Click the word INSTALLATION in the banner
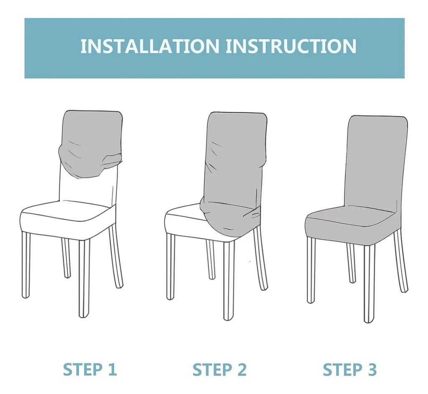tap(150, 46)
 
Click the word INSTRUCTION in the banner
tap(291, 46)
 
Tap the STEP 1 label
tap(90, 370)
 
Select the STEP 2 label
tap(219, 370)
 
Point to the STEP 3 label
tap(350, 370)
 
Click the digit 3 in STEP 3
tap(372, 370)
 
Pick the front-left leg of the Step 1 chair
tap(25, 264)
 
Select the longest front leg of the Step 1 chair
tap(84, 278)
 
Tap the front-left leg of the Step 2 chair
tap(171, 267)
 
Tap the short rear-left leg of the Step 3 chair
tap(351, 262)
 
